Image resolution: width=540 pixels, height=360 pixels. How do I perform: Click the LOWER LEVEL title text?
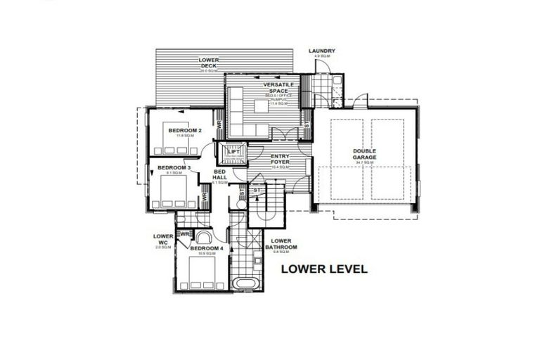(x=324, y=269)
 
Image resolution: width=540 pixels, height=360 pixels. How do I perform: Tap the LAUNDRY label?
(x=321, y=51)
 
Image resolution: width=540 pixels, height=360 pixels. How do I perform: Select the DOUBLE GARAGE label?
(x=365, y=154)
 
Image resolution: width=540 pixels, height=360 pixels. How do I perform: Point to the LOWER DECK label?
(x=208, y=63)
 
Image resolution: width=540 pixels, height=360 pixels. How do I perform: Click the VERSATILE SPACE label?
(x=278, y=88)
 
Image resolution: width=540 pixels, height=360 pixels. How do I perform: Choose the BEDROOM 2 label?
(x=185, y=130)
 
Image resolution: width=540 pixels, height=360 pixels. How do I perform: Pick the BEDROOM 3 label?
(x=174, y=167)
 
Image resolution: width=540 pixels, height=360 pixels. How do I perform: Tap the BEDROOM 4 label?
(x=207, y=248)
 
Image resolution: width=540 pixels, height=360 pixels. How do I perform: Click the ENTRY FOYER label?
(x=281, y=159)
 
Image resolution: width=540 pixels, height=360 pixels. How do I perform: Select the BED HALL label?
(x=220, y=174)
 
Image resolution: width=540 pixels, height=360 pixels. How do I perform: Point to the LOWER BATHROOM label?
(x=281, y=245)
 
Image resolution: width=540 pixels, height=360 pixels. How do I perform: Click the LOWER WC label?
(x=162, y=240)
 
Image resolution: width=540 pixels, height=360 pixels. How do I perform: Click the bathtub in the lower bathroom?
(x=246, y=284)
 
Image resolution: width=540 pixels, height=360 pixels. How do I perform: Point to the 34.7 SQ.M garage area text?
(x=365, y=162)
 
